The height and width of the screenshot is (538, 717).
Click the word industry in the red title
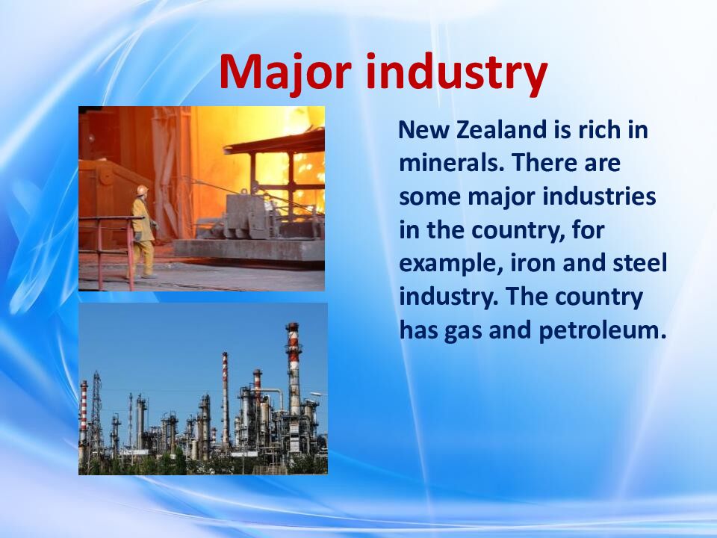pyautogui.click(x=458, y=73)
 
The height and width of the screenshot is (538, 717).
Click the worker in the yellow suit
pyautogui.click(x=143, y=232)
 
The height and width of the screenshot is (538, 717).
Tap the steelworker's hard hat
pyautogui.click(x=141, y=191)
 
